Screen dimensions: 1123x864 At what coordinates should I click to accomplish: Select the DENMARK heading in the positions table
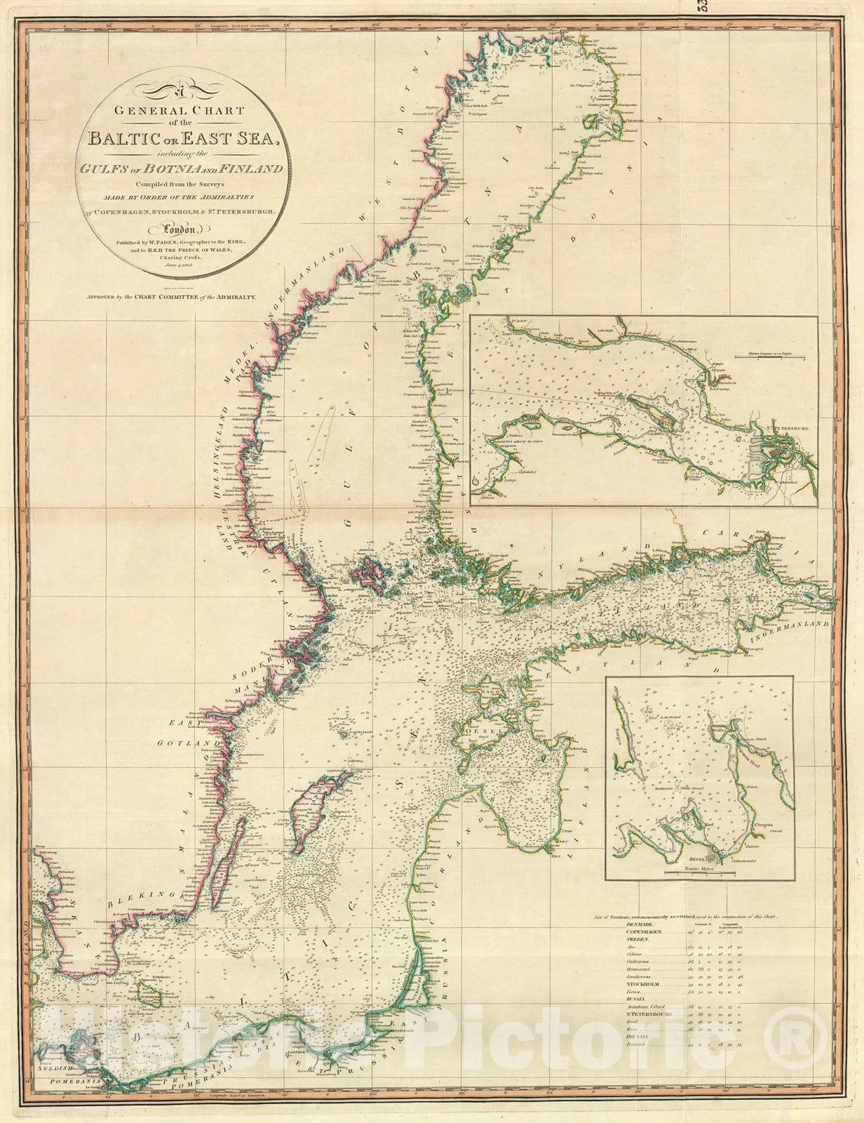coord(635,924)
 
